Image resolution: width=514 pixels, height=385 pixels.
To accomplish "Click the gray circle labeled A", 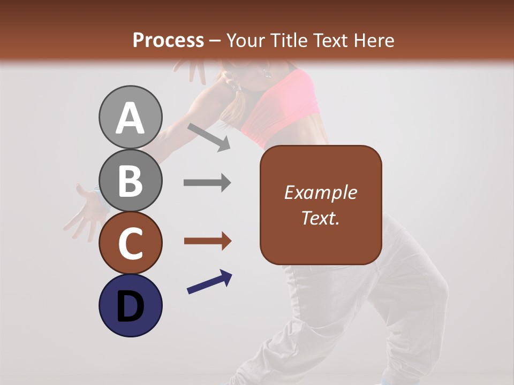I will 130,118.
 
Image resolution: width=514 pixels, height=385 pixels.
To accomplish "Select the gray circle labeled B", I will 130,180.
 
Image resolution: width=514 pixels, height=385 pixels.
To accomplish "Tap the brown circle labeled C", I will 130,243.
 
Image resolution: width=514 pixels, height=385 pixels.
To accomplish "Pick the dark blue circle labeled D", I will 130,305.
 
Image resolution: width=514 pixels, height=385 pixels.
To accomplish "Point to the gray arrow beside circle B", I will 207,183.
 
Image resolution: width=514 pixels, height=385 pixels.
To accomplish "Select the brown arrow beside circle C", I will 207,241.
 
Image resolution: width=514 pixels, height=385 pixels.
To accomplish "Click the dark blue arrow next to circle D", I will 209,282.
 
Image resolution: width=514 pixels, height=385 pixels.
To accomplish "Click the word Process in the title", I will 168,40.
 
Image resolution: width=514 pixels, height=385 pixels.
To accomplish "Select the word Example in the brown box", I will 320,192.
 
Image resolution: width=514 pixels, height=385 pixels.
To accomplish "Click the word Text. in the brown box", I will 320,218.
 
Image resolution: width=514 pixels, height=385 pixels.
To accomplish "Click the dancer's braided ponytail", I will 233,102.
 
